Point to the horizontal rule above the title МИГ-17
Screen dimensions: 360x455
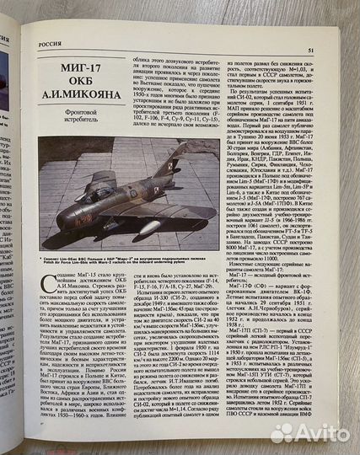point(78,59)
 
